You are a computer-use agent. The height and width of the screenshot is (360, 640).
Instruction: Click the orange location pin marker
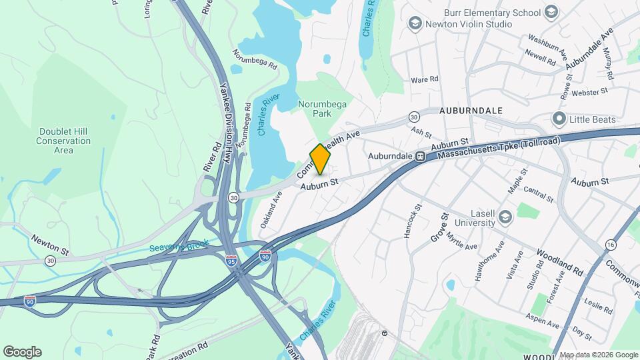pos(320,159)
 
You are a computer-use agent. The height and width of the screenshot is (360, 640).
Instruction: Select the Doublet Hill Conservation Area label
pos(63,141)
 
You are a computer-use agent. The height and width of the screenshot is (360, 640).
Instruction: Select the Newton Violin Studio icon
pos(415,24)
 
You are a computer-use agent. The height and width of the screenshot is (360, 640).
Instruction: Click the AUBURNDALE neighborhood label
pos(470,110)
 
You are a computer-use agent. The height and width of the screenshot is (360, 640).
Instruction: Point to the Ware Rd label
pos(425,79)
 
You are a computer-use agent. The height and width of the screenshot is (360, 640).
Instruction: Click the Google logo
pos(22,351)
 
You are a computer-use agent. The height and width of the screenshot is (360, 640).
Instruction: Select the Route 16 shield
pos(611,245)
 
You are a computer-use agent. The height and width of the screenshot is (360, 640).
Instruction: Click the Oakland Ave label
pos(272,210)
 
